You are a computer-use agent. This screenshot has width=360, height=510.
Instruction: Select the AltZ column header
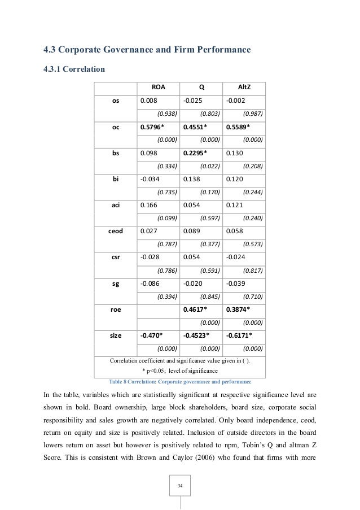(244, 88)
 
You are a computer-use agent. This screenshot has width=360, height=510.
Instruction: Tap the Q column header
(201, 88)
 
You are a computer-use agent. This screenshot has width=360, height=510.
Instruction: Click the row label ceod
(116, 231)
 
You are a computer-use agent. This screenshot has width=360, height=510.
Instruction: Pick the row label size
(116, 335)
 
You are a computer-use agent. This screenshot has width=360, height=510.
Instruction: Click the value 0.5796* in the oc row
(152, 127)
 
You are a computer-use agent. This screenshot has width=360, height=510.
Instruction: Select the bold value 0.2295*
(196, 153)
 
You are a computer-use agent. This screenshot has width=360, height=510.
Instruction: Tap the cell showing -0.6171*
(240, 335)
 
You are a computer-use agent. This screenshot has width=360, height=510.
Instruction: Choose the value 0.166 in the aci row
(148, 205)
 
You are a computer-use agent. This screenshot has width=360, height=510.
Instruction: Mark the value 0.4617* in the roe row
(196, 310)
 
